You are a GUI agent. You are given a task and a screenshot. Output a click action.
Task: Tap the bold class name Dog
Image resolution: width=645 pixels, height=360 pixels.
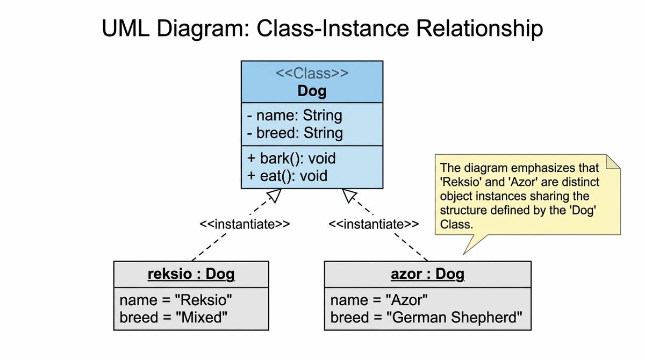[312, 91]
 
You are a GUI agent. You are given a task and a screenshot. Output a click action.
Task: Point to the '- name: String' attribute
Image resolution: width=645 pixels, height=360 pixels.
[294, 116]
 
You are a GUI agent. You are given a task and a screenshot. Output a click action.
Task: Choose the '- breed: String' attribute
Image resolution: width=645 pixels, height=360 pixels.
[295, 132]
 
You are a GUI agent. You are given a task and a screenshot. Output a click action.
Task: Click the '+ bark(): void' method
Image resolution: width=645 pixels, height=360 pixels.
[291, 159]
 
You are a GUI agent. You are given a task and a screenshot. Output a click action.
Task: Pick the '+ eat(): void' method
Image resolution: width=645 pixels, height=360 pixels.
[287, 175]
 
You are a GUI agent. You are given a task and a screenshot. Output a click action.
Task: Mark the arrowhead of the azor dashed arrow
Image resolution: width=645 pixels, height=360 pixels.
[350, 197]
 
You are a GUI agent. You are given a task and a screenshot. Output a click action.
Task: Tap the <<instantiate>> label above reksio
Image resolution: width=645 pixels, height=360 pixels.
[245, 224]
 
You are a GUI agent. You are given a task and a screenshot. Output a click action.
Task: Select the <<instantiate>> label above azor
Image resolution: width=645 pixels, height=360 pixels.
[374, 224]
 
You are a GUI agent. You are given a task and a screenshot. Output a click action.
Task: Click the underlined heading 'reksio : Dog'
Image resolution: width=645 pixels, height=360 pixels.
[191, 274]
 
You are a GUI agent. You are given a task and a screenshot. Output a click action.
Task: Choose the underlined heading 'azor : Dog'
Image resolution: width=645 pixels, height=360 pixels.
[427, 274]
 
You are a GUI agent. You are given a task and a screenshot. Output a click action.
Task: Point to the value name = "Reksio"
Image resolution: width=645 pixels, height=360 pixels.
[176, 300]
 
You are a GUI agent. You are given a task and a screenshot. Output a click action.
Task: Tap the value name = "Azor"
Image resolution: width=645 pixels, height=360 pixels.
[379, 300]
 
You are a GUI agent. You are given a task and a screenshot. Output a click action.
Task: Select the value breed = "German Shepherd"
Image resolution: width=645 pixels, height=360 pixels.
[426, 318]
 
